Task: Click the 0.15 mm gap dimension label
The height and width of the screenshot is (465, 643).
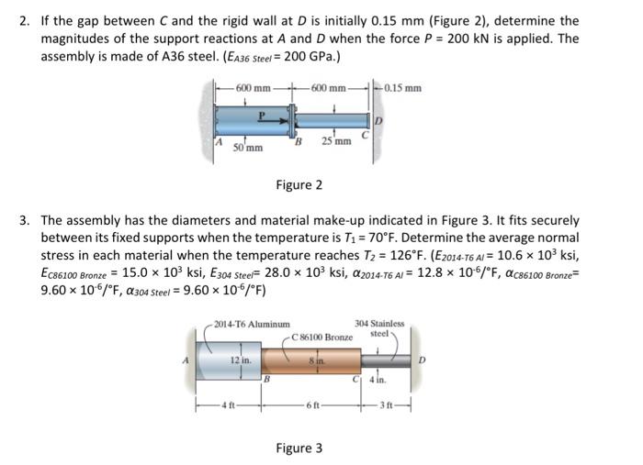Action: point(401,88)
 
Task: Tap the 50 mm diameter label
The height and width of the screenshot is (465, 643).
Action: point(249,146)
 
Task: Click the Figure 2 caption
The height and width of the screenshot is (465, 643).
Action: point(299,185)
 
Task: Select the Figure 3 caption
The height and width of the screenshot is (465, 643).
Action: point(299,448)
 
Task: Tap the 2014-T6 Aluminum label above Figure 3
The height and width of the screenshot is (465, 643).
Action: point(252,324)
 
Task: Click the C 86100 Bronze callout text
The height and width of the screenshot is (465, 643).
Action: point(321,338)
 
